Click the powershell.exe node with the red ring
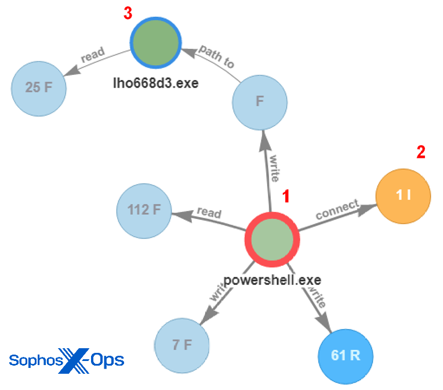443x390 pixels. [x=271, y=239]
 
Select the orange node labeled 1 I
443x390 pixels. [x=404, y=196]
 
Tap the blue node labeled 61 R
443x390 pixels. [x=346, y=355]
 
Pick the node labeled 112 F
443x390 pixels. [x=144, y=210]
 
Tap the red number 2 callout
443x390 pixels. [x=421, y=153]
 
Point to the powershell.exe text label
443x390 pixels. [x=273, y=280]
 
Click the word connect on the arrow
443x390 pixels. [x=337, y=210]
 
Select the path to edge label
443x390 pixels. [x=216, y=56]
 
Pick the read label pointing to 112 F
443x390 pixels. [x=209, y=213]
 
